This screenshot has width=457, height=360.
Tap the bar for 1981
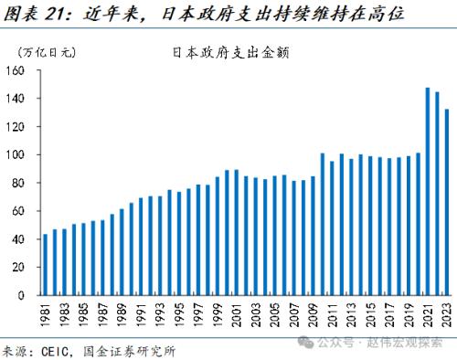(46, 265)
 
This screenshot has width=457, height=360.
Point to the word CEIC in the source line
(48, 349)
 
